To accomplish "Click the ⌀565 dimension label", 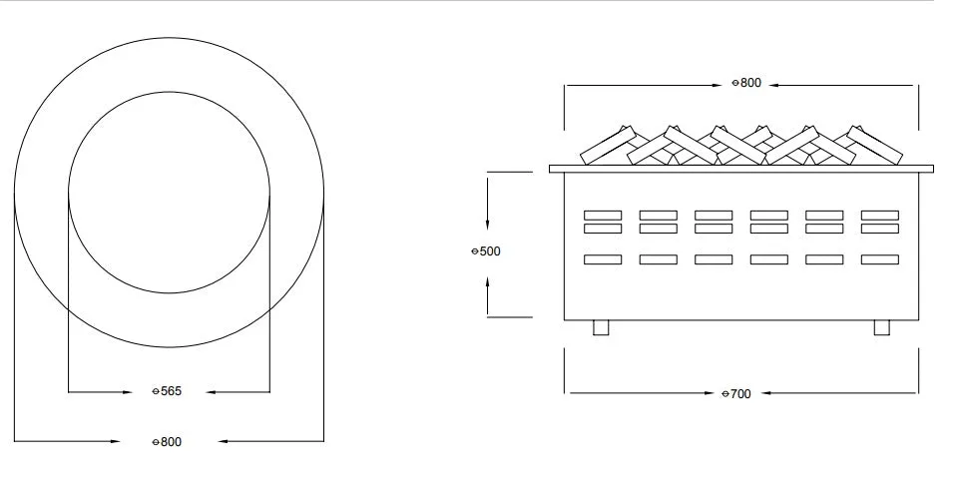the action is (x=167, y=391).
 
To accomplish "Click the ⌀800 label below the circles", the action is (x=167, y=442).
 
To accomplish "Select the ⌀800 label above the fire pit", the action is (x=746, y=83).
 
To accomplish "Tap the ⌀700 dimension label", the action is (x=736, y=394).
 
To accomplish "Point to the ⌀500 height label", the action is (x=486, y=251).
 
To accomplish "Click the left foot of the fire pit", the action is (x=601, y=327).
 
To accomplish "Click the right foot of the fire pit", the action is (x=882, y=327).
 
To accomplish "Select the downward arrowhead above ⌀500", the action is (x=487, y=225).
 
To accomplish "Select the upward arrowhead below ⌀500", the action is (x=487, y=283).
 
